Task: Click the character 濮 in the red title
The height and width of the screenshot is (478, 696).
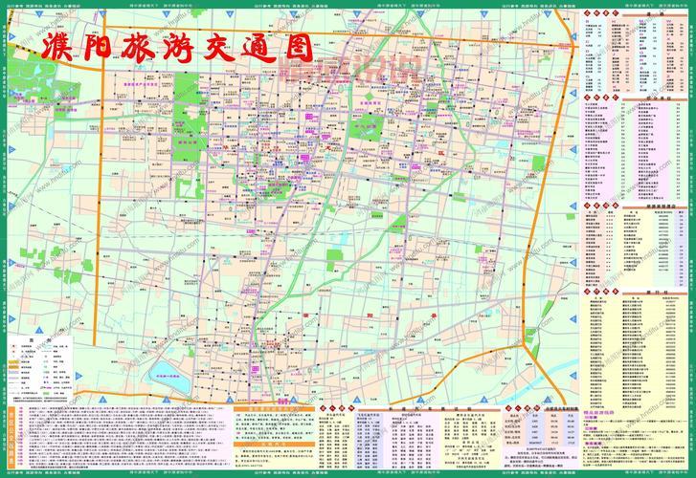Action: [x=57, y=51]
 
